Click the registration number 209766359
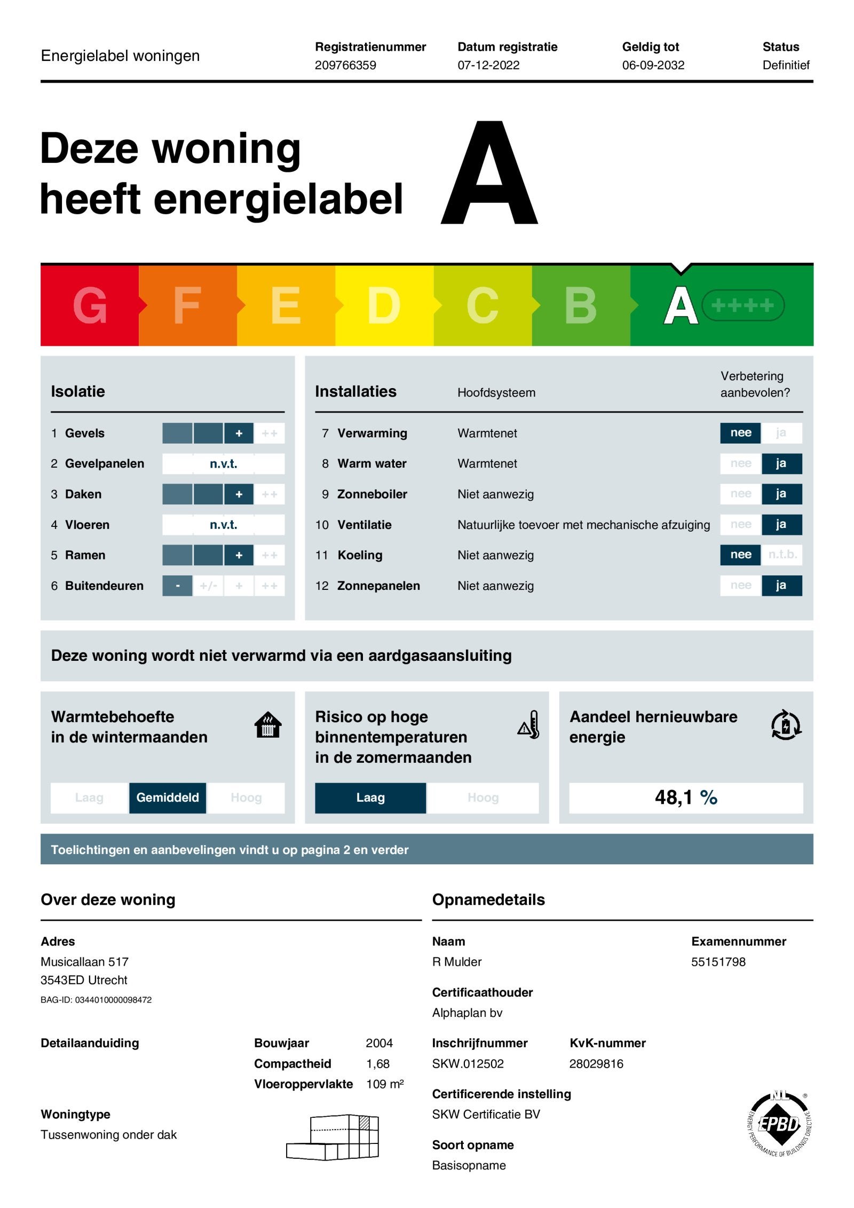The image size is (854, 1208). (345, 65)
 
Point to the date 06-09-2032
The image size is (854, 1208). (653, 65)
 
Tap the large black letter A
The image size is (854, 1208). (489, 173)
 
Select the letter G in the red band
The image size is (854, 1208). (90, 305)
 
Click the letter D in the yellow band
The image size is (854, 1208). (384, 305)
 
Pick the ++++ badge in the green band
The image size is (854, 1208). (742, 305)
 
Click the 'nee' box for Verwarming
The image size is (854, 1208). (740, 433)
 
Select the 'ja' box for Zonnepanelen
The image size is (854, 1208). (781, 586)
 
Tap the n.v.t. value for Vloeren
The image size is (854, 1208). (223, 525)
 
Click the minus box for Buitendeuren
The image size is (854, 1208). (177, 586)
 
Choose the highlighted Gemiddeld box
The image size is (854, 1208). (168, 798)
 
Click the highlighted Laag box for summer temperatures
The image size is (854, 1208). (370, 798)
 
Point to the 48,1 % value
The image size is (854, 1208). (686, 798)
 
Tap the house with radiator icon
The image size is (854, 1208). (268, 725)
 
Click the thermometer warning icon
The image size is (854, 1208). (529, 725)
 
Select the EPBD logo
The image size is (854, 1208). (779, 1124)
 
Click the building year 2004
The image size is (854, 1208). (379, 1043)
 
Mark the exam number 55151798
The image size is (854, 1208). (718, 962)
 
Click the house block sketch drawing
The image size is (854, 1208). (333, 1137)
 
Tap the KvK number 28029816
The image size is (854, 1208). (596, 1064)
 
